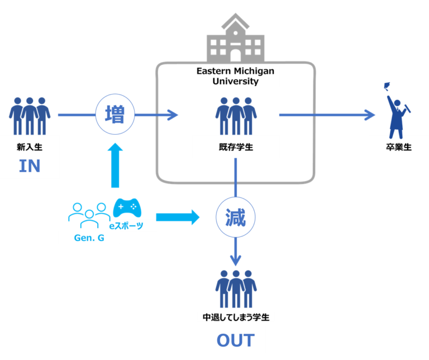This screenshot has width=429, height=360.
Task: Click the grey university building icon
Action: pos(235,38)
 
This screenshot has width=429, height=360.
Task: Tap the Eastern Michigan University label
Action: pos(235,76)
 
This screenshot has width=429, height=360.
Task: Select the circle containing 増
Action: pos(115,114)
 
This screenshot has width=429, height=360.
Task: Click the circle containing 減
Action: pos(236,217)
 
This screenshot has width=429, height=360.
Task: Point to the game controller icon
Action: pos(127,208)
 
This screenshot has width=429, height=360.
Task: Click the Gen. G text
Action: pos(89,238)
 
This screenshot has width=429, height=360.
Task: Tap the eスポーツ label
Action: pos(126,226)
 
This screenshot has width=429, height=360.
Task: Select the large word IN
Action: pos(30,166)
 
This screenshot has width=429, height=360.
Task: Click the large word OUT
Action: pos(236,340)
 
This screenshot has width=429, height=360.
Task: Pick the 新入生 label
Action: pos(30,147)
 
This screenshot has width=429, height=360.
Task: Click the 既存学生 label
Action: pos(236,147)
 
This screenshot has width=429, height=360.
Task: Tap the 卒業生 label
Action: pos(399,147)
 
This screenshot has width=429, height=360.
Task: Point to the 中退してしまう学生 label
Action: pos(236,318)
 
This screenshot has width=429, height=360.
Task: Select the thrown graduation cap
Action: pos(387,86)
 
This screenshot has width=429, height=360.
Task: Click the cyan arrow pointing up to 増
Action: pos(115,165)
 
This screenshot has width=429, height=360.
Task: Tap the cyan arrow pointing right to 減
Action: pos(178,217)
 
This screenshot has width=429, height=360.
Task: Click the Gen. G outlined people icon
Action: pos(89,215)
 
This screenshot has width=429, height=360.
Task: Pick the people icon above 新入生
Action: pos(30,116)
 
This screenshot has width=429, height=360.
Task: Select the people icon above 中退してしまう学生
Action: pos(236,289)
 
